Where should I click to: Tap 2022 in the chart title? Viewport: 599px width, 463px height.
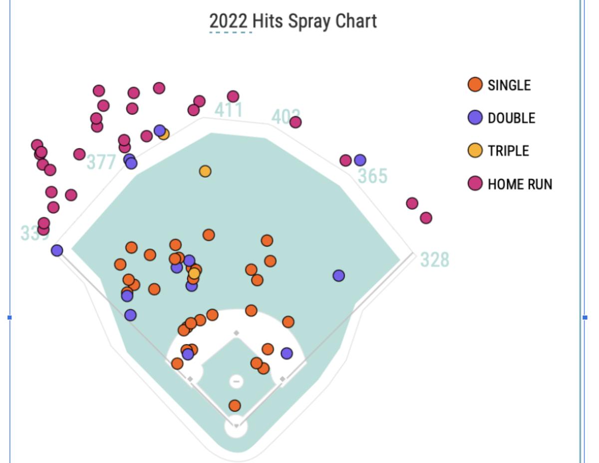click(x=228, y=21)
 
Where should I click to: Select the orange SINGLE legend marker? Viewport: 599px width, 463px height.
click(x=475, y=85)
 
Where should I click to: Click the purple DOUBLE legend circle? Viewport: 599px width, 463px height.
click(x=475, y=118)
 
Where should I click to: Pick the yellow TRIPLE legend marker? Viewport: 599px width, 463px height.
click(x=475, y=151)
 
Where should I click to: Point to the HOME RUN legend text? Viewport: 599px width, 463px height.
click(x=520, y=184)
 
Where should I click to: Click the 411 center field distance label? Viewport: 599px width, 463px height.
click(x=229, y=110)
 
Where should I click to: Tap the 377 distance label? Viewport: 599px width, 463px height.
click(x=101, y=162)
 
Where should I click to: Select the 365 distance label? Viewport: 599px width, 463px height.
click(x=372, y=176)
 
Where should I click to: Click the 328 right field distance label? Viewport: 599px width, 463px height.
click(x=434, y=260)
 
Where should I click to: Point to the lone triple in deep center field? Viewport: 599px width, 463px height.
click(x=205, y=171)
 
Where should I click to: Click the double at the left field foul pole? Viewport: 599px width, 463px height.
click(x=57, y=250)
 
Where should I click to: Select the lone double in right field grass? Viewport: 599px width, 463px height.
click(x=338, y=275)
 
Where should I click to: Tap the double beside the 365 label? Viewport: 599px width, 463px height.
click(x=360, y=160)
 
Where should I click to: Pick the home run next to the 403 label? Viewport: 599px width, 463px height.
click(x=296, y=122)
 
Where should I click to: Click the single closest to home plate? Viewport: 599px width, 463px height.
click(x=235, y=406)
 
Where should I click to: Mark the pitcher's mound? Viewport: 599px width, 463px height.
click(x=236, y=382)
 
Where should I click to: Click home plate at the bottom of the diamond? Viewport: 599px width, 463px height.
click(x=236, y=427)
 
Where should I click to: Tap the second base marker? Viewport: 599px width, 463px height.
click(x=236, y=333)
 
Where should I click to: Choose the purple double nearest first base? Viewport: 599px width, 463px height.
click(x=287, y=353)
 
